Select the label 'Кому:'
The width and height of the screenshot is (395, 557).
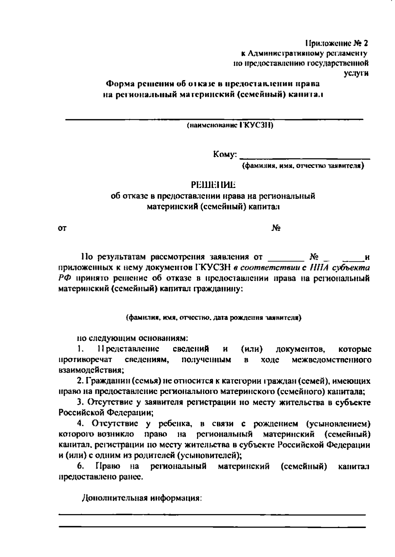[x=225, y=154]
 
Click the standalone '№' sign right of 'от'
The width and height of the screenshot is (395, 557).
[x=276, y=228]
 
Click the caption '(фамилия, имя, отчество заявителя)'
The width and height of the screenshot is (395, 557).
[x=303, y=166]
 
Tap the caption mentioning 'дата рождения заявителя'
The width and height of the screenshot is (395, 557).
[x=214, y=318]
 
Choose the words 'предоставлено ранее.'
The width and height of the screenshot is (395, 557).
[x=101, y=477]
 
